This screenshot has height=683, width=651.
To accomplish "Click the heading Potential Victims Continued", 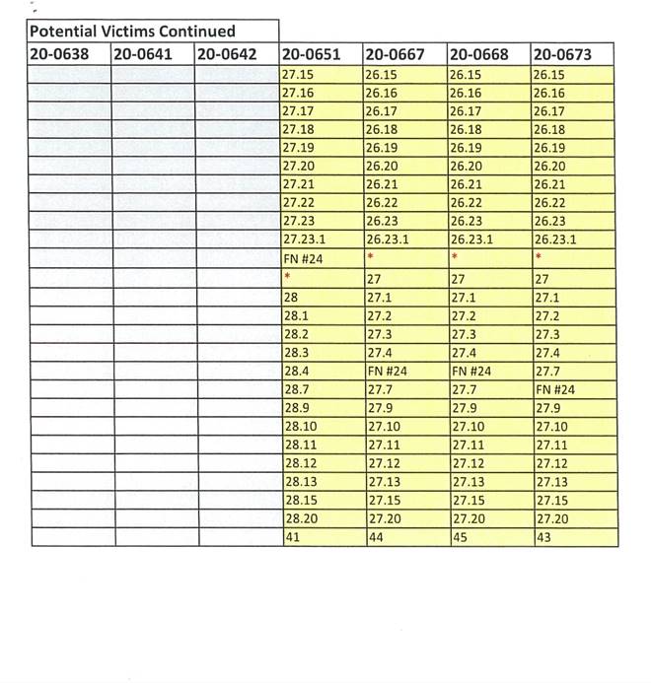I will point(131,32).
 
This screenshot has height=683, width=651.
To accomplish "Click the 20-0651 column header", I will point(312,55).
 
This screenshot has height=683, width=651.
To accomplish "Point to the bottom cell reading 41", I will point(291,537).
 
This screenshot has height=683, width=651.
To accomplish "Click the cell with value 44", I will point(376,537).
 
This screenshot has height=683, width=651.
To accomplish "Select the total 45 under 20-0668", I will point(459,537).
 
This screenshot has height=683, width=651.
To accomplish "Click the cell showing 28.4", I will point(294,371).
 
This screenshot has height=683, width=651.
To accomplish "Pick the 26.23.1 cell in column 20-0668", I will point(471,239).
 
